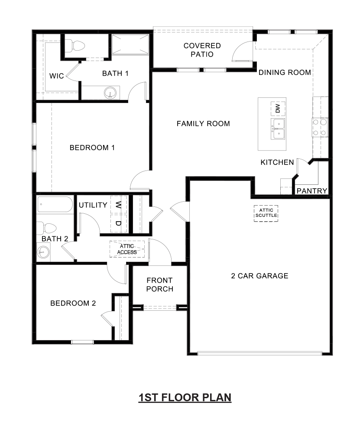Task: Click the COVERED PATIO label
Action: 202,50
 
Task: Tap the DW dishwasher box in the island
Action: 278,108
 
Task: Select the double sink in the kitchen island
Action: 278,129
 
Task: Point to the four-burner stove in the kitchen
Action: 320,128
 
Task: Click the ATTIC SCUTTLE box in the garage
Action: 266,213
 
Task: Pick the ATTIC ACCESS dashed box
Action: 127,249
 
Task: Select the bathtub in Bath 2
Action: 55,205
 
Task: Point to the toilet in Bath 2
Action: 46,228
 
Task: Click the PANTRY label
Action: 311,191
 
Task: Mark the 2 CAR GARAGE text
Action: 259,276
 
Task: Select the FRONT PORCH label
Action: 159,284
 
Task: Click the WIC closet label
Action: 56,76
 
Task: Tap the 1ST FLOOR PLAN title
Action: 185,397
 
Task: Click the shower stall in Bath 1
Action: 130,45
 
